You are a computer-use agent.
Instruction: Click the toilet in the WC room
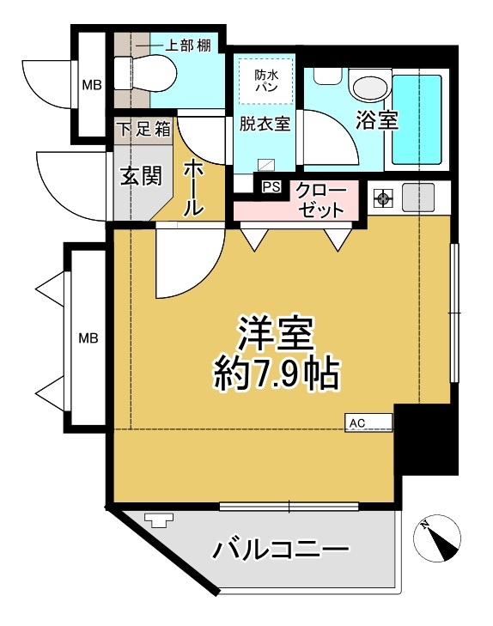(145, 74)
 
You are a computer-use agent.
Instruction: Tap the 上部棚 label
(187, 46)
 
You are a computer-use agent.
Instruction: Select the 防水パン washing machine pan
(266, 81)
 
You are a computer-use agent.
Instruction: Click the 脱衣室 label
(265, 124)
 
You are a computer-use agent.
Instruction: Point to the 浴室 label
(377, 120)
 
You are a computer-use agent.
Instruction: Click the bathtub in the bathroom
(417, 119)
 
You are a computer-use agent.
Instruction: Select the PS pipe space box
(271, 187)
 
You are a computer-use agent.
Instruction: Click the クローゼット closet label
(321, 200)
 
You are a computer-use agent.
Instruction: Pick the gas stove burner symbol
(383, 198)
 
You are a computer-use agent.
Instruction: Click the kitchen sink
(418, 198)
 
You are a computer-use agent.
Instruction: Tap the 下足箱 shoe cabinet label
(144, 130)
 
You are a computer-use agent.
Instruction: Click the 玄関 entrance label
(142, 176)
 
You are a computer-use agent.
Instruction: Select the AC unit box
(368, 422)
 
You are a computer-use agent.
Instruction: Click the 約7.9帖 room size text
(277, 374)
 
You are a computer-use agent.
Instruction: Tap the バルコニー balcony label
(281, 550)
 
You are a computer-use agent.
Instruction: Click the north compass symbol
(437, 538)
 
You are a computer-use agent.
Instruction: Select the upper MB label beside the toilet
(92, 85)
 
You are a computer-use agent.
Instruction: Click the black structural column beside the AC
(426, 439)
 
